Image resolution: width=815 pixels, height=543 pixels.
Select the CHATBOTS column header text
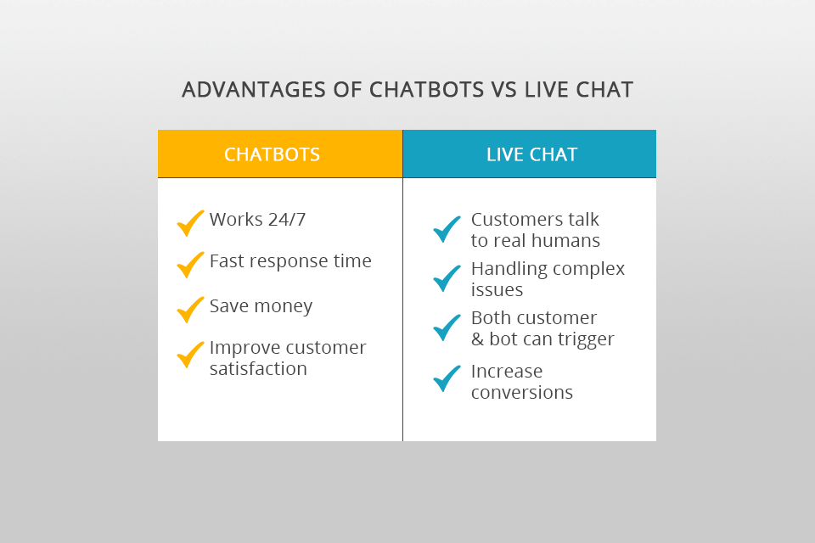coord(272,154)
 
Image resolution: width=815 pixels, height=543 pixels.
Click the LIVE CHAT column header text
coord(531,154)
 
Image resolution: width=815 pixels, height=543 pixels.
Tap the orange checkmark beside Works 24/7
coord(190,223)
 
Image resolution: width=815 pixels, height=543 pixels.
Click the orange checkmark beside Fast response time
coord(190,265)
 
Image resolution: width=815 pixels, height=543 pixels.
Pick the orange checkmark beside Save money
coord(190,310)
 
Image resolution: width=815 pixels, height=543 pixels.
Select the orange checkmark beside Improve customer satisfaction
coord(190,354)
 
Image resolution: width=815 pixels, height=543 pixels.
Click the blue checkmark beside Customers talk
coord(447,229)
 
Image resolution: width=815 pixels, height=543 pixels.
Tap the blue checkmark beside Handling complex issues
coord(447,278)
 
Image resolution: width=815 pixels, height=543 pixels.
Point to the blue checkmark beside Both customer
coord(447,327)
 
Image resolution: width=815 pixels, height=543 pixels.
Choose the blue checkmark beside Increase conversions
coord(447,378)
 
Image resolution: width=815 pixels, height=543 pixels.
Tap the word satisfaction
coord(258,369)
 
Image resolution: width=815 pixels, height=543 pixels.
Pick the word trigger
coord(585,339)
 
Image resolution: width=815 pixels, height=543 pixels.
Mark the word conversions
coord(521,393)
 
